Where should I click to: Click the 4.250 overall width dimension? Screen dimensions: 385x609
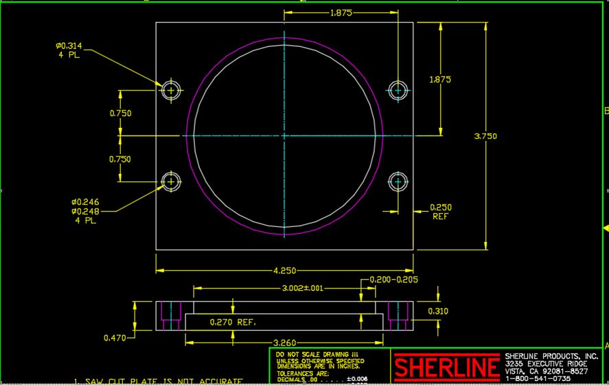click(x=284, y=270)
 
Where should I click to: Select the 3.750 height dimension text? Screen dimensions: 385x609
click(x=485, y=136)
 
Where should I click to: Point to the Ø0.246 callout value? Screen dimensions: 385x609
click(x=85, y=202)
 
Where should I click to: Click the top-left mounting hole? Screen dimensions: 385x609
click(x=172, y=90)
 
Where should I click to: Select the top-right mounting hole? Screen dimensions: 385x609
click(x=398, y=90)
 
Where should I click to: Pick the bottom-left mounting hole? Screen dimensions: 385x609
click(x=172, y=181)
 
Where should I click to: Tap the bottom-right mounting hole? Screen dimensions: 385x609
click(x=398, y=181)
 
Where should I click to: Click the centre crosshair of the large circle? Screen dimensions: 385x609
click(x=284, y=136)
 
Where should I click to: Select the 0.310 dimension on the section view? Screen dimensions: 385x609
click(x=439, y=311)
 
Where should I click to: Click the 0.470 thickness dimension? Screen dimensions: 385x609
click(x=115, y=338)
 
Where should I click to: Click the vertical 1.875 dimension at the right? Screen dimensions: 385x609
click(x=439, y=80)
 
